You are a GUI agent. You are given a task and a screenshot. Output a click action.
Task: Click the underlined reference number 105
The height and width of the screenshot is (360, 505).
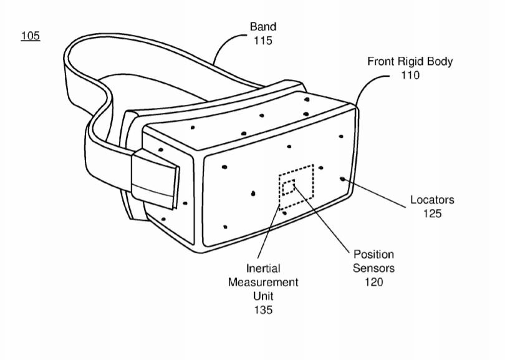31,36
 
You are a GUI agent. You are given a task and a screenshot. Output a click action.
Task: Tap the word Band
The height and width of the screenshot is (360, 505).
263,26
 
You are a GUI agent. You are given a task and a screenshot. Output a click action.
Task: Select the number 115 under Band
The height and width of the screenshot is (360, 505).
263,41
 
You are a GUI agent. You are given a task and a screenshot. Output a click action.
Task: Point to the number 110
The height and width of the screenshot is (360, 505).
410,75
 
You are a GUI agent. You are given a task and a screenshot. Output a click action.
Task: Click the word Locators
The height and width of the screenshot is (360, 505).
432,200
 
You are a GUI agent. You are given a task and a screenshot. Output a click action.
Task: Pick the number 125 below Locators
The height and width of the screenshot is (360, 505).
432,213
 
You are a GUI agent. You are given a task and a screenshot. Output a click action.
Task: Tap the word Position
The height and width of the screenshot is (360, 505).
373,255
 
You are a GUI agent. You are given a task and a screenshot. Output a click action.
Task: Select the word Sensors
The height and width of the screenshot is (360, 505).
373,268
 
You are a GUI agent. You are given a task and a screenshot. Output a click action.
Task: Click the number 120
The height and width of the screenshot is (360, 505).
373,282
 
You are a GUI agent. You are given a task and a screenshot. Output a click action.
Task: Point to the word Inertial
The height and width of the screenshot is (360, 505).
263,268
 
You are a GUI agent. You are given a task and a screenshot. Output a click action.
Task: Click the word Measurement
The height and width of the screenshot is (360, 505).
263,282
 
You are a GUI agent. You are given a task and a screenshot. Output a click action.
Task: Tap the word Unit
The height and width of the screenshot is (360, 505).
263,296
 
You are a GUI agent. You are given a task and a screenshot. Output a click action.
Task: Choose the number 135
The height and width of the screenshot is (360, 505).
263,309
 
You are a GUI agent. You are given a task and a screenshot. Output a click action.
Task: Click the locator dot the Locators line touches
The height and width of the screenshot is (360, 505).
342,179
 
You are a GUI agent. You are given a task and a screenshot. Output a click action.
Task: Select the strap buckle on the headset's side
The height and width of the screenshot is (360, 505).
155,180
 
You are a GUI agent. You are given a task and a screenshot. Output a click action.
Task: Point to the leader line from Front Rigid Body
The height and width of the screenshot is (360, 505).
366,84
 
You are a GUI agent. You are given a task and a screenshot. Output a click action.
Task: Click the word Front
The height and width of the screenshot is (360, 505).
382,61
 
